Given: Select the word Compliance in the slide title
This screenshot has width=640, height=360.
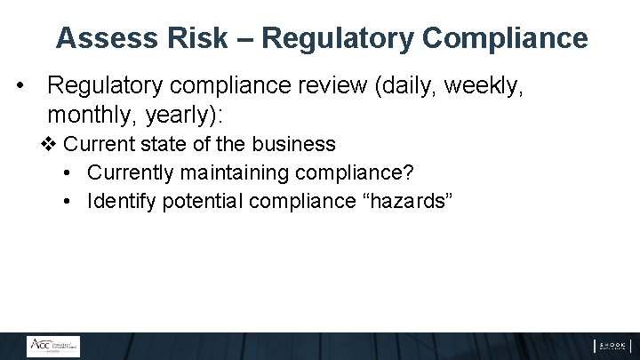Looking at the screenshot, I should [505, 38].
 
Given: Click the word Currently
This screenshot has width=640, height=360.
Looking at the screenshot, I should [128, 172].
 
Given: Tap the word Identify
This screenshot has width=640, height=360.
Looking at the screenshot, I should [119, 201].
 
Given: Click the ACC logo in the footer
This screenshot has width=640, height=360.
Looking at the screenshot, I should [52, 346].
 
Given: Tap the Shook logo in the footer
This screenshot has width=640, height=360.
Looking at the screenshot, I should [612, 346].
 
